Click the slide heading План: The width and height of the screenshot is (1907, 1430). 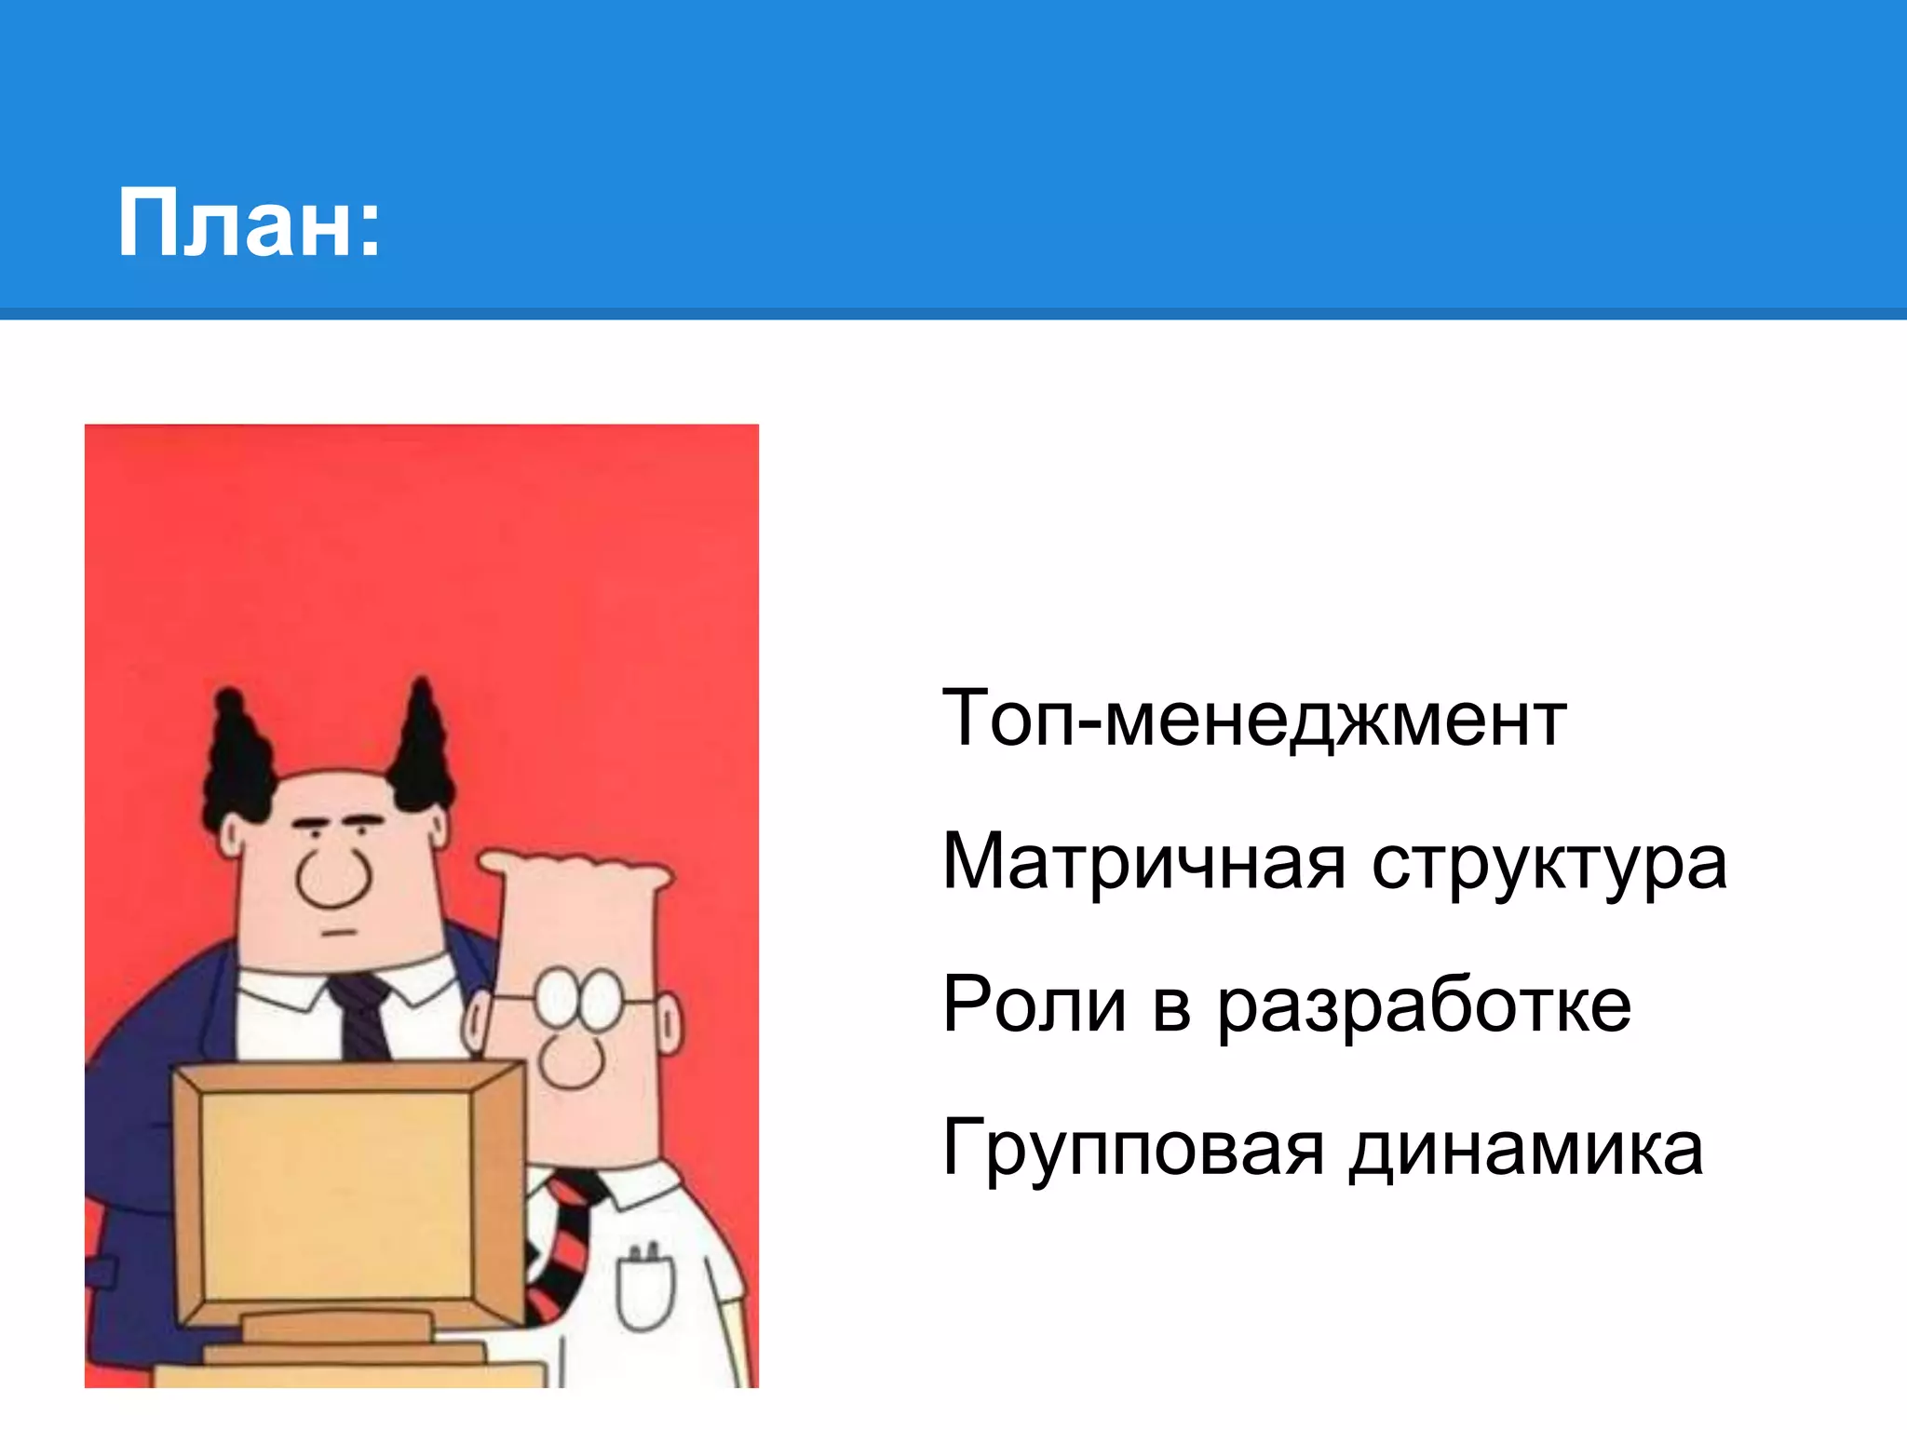[x=249, y=223]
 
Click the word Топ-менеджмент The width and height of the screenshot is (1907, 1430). [x=1253, y=719]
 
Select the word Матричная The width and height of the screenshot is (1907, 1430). [x=1144, y=862]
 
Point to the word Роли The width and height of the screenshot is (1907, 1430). [x=1035, y=1005]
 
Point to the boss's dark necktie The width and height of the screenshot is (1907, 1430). [x=360, y=1015]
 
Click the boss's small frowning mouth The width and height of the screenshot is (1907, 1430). [x=340, y=932]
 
